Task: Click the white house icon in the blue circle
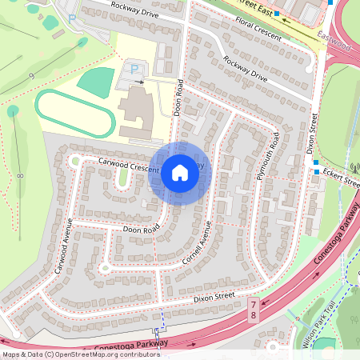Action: [180, 172]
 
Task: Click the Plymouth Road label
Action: [266, 156]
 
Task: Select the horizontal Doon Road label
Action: [142, 230]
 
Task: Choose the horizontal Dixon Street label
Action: [213, 297]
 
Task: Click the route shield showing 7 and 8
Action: [254, 311]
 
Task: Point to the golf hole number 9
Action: [31, 75]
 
